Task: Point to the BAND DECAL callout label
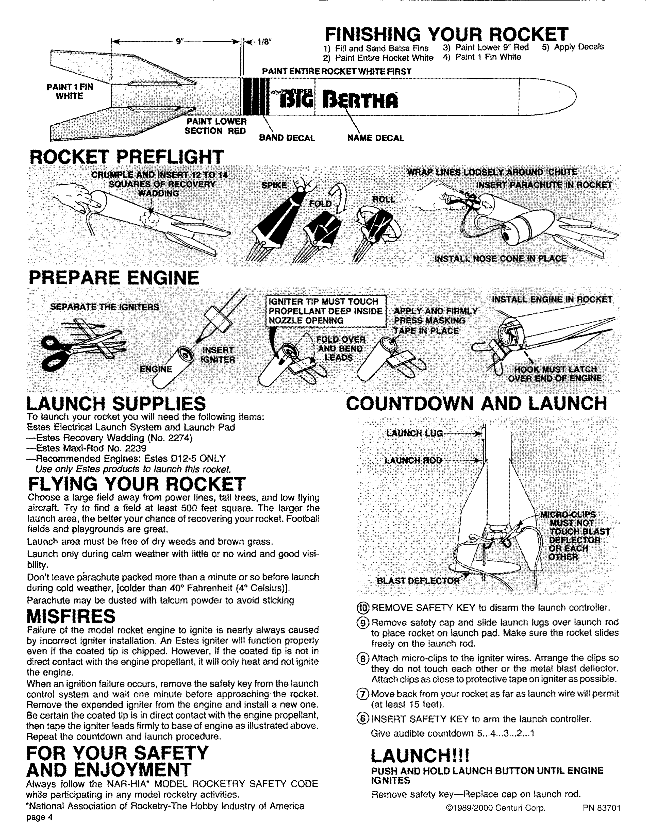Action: pos(287,138)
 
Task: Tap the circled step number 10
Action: pos(363,608)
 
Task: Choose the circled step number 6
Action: pos(363,719)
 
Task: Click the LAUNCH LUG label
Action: pos(414,433)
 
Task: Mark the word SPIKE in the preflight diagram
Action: pos(274,185)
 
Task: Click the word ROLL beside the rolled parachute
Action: pos(384,199)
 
